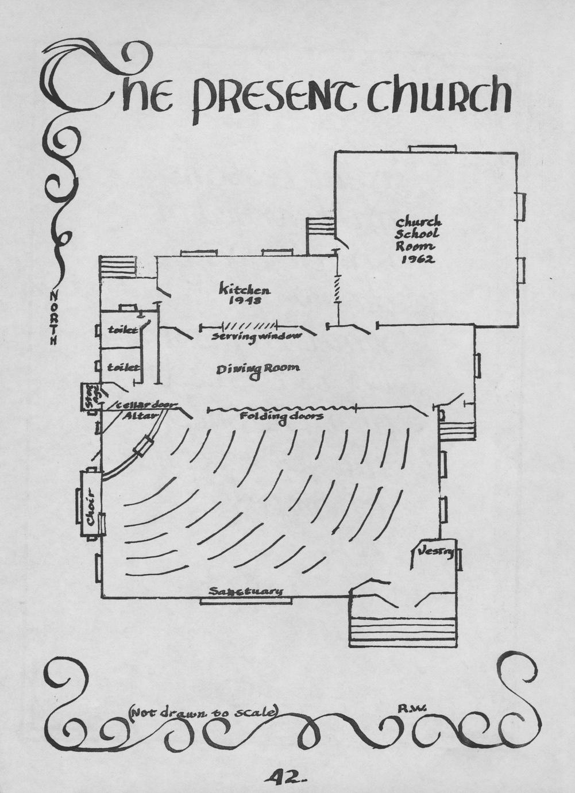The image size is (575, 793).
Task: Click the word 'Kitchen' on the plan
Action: click(244, 289)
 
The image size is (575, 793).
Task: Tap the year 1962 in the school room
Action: click(418, 259)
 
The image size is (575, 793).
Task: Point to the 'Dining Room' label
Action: click(258, 369)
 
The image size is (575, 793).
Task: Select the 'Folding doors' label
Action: click(281, 416)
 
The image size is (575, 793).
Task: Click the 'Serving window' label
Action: click(256, 336)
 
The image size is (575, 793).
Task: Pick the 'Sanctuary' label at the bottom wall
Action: click(246, 591)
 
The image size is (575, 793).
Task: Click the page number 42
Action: click(285, 777)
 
